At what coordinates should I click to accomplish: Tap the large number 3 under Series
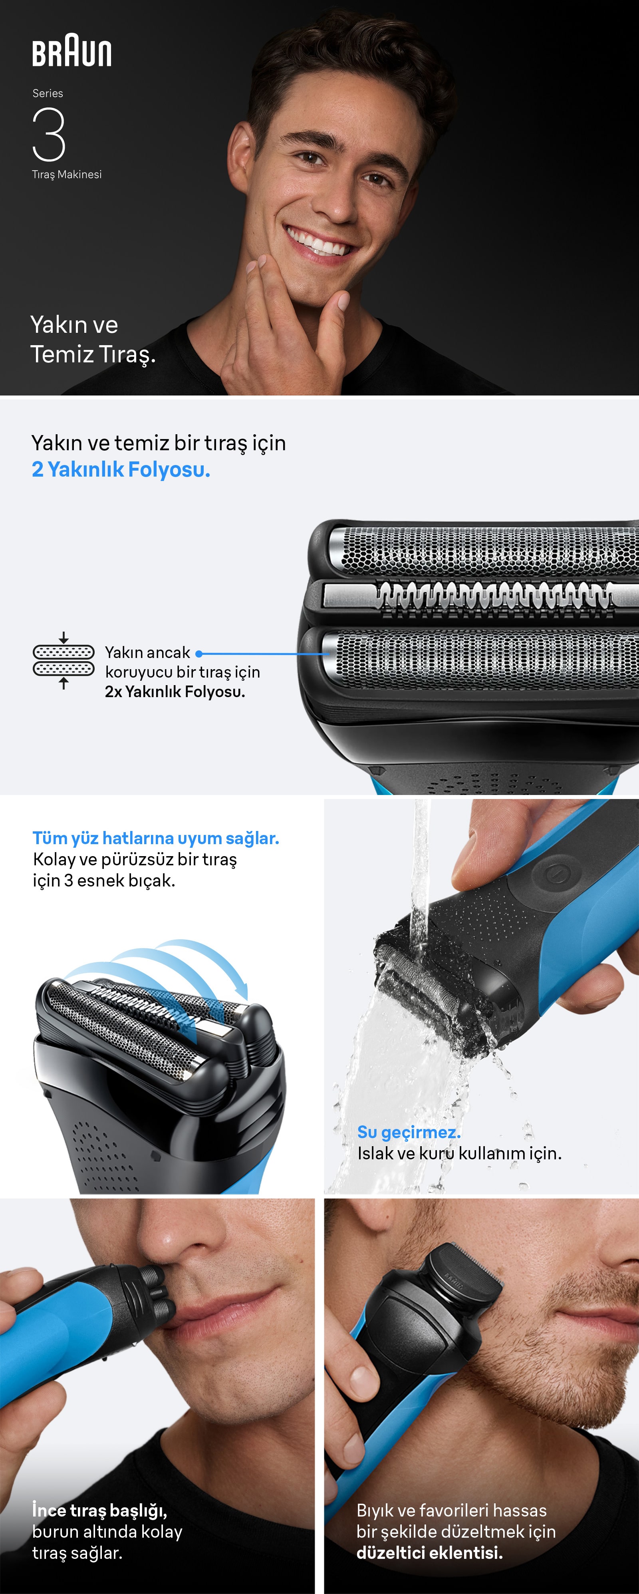pyautogui.click(x=49, y=134)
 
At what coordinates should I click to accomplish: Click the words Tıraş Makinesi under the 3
pyautogui.click(x=67, y=175)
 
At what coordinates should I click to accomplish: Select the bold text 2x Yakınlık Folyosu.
pyautogui.click(x=175, y=692)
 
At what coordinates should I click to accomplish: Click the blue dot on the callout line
pyautogui.click(x=198, y=654)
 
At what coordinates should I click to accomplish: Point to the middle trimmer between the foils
pyautogui.click(x=489, y=597)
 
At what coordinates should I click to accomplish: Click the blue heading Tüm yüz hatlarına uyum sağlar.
pyautogui.click(x=156, y=839)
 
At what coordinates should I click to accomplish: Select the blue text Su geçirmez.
pyautogui.click(x=409, y=1133)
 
